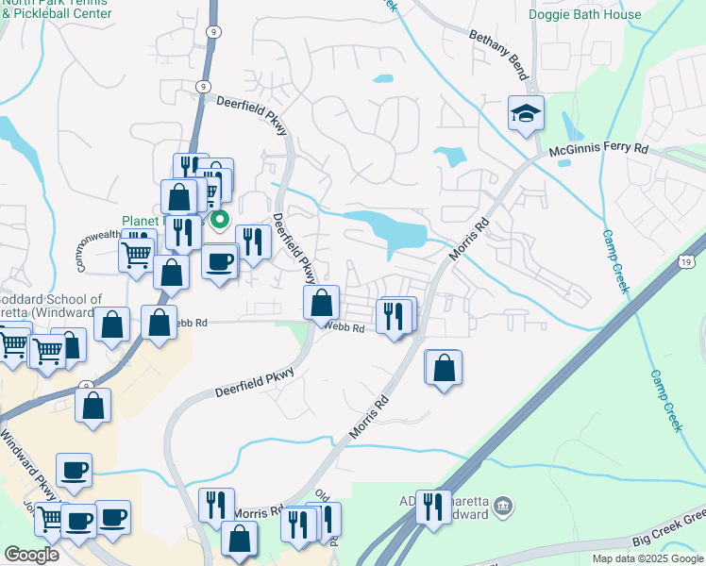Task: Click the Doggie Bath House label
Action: click(x=597, y=14)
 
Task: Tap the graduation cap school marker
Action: click(x=526, y=115)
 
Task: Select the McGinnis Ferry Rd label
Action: click(x=598, y=150)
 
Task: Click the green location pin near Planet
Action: click(x=220, y=220)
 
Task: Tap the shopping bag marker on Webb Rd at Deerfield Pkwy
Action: click(x=321, y=303)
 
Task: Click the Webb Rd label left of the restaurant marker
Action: click(x=344, y=327)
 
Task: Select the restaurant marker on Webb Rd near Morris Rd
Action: click(x=396, y=315)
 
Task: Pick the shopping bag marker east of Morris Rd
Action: click(x=444, y=367)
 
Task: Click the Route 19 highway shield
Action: click(x=687, y=262)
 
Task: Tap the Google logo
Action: click(x=30, y=554)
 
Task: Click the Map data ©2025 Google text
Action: click(x=647, y=558)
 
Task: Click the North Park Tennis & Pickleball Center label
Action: click(x=57, y=9)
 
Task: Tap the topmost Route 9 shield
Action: click(x=216, y=31)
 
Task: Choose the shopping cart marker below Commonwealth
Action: click(x=136, y=253)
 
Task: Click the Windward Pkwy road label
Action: click(x=28, y=461)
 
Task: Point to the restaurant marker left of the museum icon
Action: click(x=433, y=507)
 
